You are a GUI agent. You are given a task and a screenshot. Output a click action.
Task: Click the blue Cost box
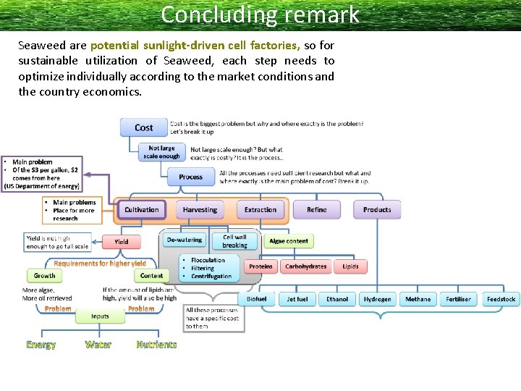pos(143,127)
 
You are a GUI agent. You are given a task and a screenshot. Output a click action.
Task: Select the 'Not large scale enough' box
pos(162,152)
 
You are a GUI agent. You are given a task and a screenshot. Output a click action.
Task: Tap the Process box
pos(190,177)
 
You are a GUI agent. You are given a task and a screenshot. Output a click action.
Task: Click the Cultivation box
pos(141,210)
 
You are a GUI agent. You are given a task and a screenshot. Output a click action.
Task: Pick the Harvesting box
pos(200,210)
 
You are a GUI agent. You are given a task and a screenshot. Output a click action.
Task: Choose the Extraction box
pos(260,210)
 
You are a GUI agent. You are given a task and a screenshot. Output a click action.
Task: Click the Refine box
pos(316,210)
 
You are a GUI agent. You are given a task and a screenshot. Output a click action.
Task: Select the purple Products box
pos(377,210)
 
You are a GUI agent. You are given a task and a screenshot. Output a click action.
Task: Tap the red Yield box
pos(122,241)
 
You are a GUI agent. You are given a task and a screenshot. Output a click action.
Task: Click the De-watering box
pos(185,240)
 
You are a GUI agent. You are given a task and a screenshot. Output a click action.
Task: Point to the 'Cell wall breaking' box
pos(234,241)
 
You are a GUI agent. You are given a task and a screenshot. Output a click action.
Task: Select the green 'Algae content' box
pos(289,241)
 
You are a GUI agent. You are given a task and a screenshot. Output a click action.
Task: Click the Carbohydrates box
pos(305,266)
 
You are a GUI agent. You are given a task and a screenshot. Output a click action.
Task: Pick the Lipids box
pos(350,266)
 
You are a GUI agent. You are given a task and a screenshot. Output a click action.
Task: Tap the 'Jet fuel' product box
pos(297,299)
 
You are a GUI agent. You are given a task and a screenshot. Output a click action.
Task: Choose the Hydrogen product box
pos(377,299)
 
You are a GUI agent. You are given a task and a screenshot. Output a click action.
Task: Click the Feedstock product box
pos(501,299)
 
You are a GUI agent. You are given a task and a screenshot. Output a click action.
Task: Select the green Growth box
pos(44,276)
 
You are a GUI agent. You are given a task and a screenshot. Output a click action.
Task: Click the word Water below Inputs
pos(98,345)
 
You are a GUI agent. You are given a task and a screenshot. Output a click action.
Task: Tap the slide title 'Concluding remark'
pos(260,14)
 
